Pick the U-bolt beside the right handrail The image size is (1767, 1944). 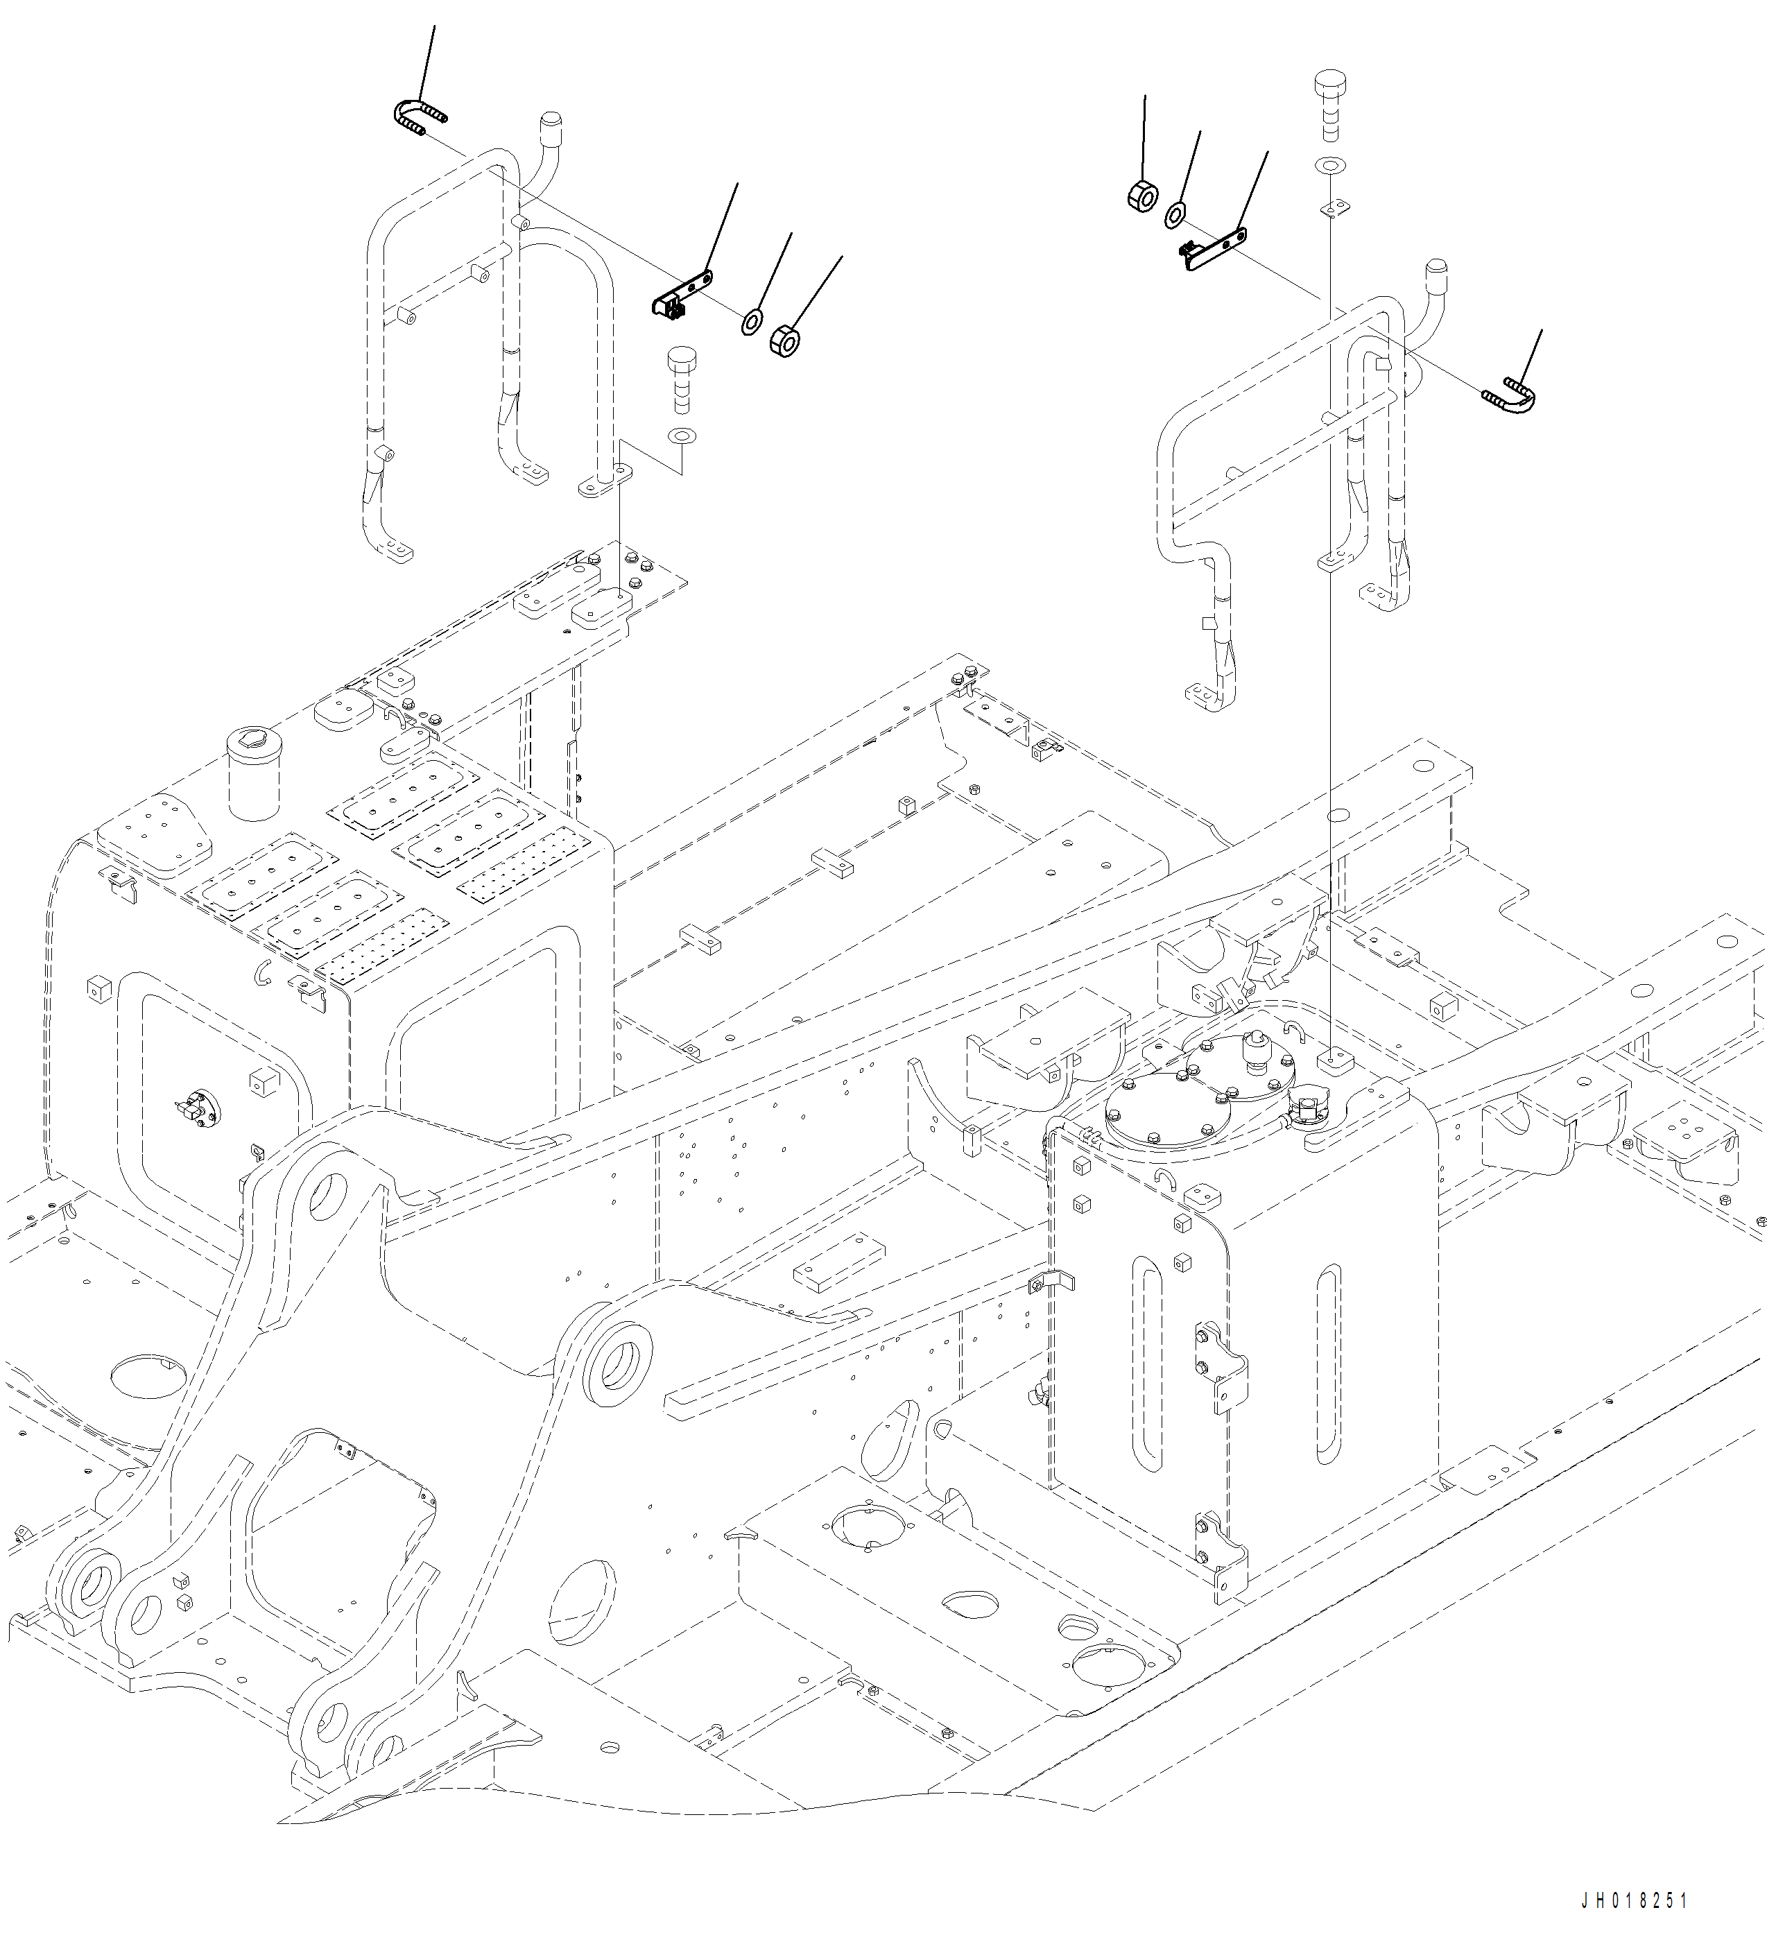[x=1510, y=395]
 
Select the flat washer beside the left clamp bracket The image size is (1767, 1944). [x=751, y=320]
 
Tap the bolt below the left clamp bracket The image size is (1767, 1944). [x=682, y=376]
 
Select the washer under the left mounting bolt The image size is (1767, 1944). [x=682, y=436]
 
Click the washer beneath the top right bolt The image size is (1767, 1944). [x=1329, y=166]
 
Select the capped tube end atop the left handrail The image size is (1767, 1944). [x=549, y=123]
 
